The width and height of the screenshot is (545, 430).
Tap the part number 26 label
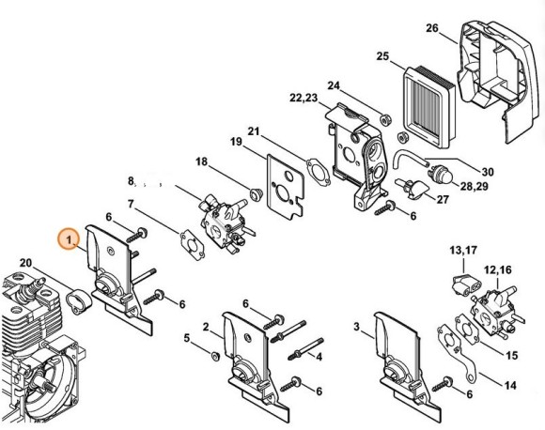[432, 29]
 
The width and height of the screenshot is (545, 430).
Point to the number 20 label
[25, 262]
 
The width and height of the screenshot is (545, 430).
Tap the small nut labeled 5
[215, 355]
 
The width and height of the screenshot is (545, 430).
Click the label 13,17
[463, 250]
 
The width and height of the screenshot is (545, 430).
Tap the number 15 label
[511, 355]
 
